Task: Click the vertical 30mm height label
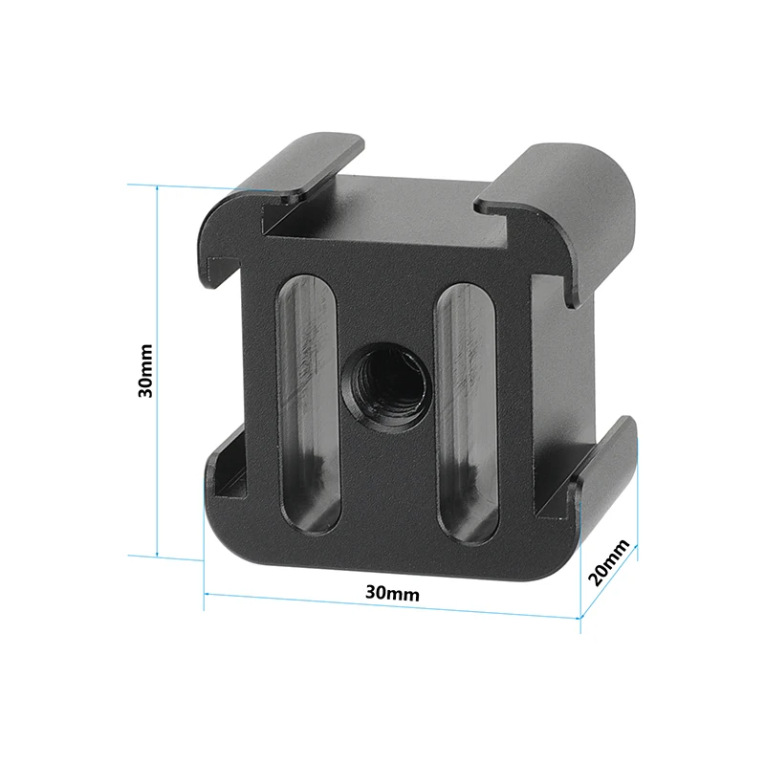click(144, 370)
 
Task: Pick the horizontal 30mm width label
click(392, 593)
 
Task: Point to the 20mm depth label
click(609, 562)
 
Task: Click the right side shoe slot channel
click(555, 382)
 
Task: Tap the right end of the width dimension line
click(579, 618)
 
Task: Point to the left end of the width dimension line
click(205, 594)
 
